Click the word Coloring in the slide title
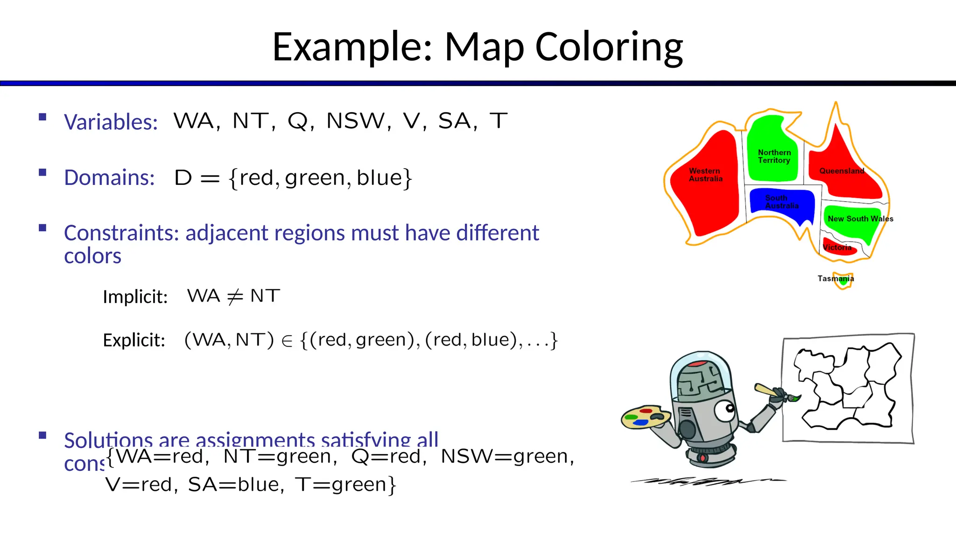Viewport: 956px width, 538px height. coord(609,47)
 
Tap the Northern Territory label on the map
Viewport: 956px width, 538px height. coord(774,156)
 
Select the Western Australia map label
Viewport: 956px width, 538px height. coord(705,175)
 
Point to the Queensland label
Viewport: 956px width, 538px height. coord(842,171)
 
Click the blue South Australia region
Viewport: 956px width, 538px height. coord(782,202)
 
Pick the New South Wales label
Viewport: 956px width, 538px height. coord(860,219)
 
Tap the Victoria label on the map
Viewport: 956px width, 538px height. coord(837,248)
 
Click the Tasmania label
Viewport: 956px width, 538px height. coord(835,278)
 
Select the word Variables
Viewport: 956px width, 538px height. coord(111,122)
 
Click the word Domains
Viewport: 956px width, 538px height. coord(109,177)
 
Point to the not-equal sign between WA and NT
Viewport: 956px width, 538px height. coord(235,296)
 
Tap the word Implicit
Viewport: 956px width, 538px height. coord(135,297)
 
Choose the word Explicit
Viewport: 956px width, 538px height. coord(134,340)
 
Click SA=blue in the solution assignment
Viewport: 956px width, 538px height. coord(236,485)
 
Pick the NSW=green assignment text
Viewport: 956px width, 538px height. coord(507,456)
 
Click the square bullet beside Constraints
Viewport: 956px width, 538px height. coord(42,228)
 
